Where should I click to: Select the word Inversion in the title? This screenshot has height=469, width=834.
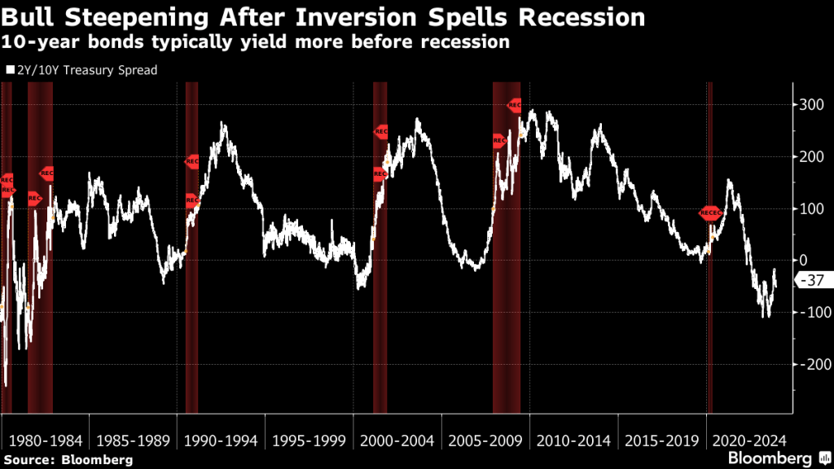pyautogui.click(x=385, y=16)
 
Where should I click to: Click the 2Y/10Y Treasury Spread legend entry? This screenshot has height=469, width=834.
pyautogui.click(x=81, y=70)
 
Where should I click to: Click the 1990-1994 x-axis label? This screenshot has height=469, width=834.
pyautogui.click(x=220, y=441)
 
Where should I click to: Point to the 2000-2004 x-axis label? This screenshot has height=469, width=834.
pyautogui.click(x=397, y=441)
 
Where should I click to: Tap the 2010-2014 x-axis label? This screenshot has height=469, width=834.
pyautogui.click(x=573, y=441)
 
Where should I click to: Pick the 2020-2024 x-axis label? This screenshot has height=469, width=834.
pyautogui.click(x=749, y=441)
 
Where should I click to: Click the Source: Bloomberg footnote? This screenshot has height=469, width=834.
pyautogui.click(x=68, y=460)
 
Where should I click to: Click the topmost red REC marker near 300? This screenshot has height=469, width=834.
pyautogui.click(x=515, y=105)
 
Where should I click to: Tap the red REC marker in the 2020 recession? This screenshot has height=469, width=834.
pyautogui.click(x=710, y=213)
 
